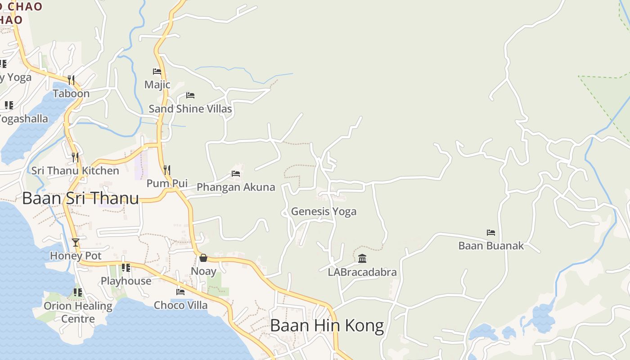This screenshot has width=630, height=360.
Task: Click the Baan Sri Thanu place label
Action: [80, 198]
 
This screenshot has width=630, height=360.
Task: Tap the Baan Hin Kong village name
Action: [327, 325]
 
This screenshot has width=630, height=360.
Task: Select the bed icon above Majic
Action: [157, 72]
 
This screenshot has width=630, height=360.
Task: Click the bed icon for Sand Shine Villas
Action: [190, 95]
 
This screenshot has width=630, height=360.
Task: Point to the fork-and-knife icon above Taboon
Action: [71, 80]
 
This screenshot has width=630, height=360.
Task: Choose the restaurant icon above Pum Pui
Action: [167, 170]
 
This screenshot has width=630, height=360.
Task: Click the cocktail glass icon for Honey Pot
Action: [76, 243]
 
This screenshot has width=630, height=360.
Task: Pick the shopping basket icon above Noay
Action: [203, 258]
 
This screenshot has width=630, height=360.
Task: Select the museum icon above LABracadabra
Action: [362, 259]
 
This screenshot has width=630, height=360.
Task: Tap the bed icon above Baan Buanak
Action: [491, 233]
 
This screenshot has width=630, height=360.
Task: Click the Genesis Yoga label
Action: [324, 211]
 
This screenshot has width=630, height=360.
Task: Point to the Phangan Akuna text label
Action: [236, 187]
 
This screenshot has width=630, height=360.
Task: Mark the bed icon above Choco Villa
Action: [180, 292]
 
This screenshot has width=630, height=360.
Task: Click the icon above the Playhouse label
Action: [126, 268]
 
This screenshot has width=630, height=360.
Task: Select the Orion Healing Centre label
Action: [78, 312]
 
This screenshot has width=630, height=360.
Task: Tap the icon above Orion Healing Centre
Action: [78, 292]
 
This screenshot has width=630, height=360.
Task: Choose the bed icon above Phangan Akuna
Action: [236, 174]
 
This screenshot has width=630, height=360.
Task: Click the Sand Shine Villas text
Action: [190, 109]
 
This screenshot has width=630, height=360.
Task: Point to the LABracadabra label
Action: [362, 272]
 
